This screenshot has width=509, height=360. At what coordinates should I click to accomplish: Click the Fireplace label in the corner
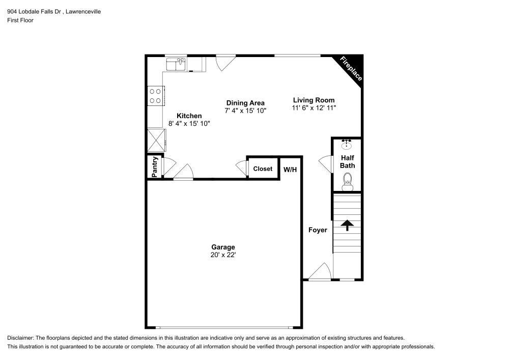[x=351, y=68]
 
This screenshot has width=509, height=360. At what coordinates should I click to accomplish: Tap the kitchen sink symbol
[x=176, y=64]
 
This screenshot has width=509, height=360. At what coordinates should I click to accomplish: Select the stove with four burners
[x=155, y=96]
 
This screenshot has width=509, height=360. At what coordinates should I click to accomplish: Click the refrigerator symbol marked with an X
[x=156, y=139]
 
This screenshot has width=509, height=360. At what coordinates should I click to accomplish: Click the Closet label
[x=263, y=169]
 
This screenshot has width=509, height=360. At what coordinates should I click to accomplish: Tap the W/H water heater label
[x=290, y=169]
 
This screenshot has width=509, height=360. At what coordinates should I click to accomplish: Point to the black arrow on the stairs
[x=348, y=225]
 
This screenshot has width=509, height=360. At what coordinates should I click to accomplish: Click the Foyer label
[x=318, y=230]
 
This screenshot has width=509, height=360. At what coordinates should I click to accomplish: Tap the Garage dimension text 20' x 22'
[x=223, y=255]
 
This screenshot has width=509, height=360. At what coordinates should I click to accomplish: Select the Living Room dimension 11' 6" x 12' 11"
[x=314, y=108]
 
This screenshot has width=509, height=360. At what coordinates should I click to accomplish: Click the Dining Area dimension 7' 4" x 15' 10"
[x=245, y=110]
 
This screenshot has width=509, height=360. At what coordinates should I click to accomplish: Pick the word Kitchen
[x=189, y=116]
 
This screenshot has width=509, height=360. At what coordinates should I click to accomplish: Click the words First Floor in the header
[x=20, y=20]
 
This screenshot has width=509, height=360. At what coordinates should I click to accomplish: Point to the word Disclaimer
[x=20, y=338]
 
